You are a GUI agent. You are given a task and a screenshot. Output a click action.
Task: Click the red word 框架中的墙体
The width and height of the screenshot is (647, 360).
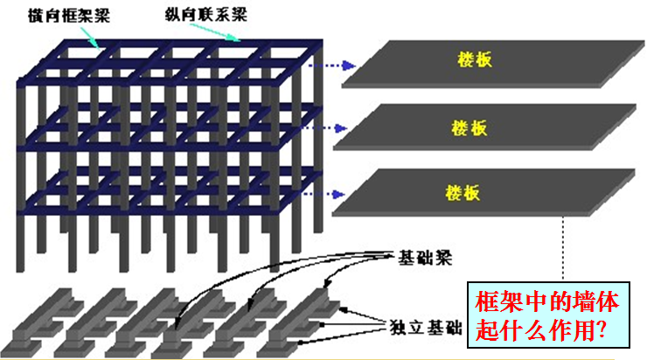(547, 303)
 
